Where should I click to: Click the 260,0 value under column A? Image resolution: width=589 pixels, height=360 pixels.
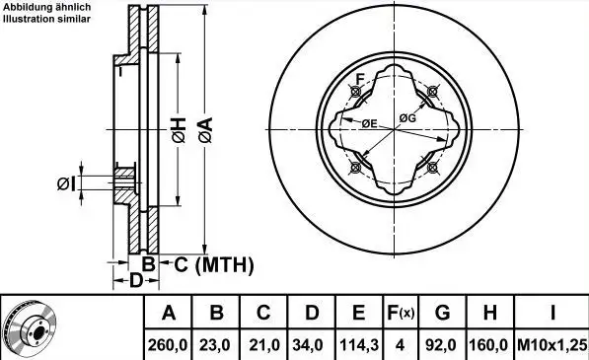[168, 345]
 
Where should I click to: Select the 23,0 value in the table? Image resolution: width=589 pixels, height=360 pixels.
[216, 345]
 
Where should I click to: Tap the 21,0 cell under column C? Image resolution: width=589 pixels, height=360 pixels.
[263, 345]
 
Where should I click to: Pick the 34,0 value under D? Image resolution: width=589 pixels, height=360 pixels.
[311, 345]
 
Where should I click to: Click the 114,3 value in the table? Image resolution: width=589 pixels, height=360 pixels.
[359, 345]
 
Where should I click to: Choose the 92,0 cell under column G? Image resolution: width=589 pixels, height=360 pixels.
[442, 345]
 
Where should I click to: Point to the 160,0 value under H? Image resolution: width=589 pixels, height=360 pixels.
[489, 345]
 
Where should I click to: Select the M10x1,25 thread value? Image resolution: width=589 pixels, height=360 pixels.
[552, 345]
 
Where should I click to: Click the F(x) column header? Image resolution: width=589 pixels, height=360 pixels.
[401, 313]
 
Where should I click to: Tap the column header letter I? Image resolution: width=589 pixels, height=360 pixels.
[552, 313]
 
